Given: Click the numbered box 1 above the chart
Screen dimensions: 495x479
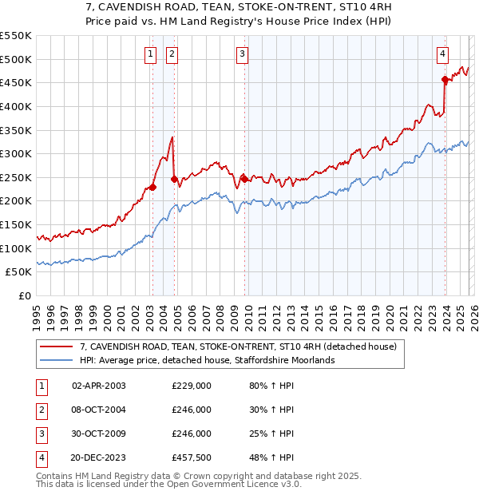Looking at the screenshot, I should (150, 54).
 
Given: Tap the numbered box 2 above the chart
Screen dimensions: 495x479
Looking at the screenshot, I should (172, 54).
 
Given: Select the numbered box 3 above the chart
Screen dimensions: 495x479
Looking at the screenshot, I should (242, 54).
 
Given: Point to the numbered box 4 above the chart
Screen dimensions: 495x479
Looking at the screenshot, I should (442, 54).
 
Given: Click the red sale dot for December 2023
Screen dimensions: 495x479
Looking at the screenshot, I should (445, 78).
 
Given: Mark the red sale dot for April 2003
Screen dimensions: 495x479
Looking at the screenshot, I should (152, 187).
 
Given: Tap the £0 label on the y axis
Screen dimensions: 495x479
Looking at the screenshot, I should (24, 295).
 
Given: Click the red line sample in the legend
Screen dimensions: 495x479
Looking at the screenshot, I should (56, 346).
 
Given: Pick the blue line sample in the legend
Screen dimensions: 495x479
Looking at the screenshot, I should (56, 360).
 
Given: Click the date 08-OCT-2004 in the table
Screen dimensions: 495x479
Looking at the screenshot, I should (99, 410).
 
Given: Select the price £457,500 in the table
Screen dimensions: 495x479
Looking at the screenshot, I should (192, 457).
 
